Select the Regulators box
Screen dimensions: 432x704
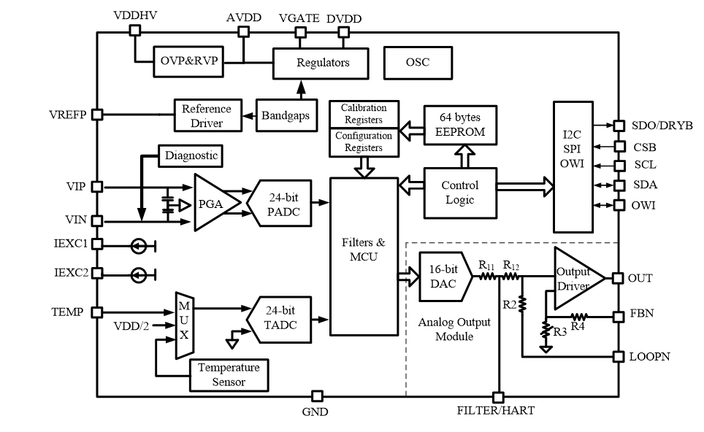tap(322, 63)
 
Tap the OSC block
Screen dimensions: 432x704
tap(417, 62)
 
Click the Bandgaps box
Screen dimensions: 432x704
tap(286, 116)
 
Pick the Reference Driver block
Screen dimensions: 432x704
tap(207, 115)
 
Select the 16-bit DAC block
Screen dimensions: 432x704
tap(443, 277)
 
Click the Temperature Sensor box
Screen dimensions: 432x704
tap(229, 374)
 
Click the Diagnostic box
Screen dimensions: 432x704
tap(191, 155)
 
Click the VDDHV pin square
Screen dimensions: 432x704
tap(134, 30)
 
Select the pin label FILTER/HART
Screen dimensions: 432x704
tap(496, 411)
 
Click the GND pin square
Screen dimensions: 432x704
tap(316, 396)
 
